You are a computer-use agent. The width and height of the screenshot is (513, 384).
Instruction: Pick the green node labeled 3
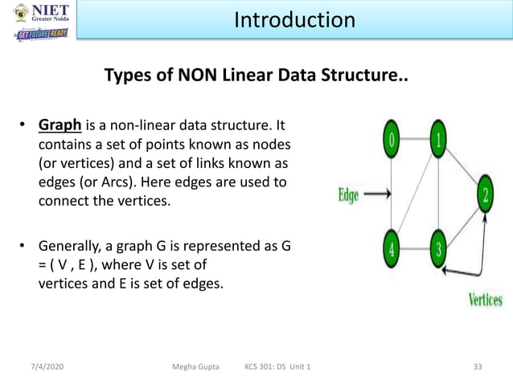pyautogui.click(x=437, y=247)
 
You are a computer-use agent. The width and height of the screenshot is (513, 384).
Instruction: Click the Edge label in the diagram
pyautogui.click(x=348, y=194)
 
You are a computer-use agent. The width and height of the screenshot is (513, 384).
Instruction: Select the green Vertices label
pyautogui.click(x=485, y=300)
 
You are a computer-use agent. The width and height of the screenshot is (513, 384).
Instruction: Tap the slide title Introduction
pyautogui.click(x=294, y=19)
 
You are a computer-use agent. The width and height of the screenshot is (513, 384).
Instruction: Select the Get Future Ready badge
pyautogui.click(x=42, y=35)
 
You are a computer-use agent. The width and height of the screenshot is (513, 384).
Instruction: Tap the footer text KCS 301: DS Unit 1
pyautogui.click(x=278, y=367)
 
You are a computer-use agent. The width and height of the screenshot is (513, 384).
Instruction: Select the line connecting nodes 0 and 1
pyautogui.click(x=415, y=138)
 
